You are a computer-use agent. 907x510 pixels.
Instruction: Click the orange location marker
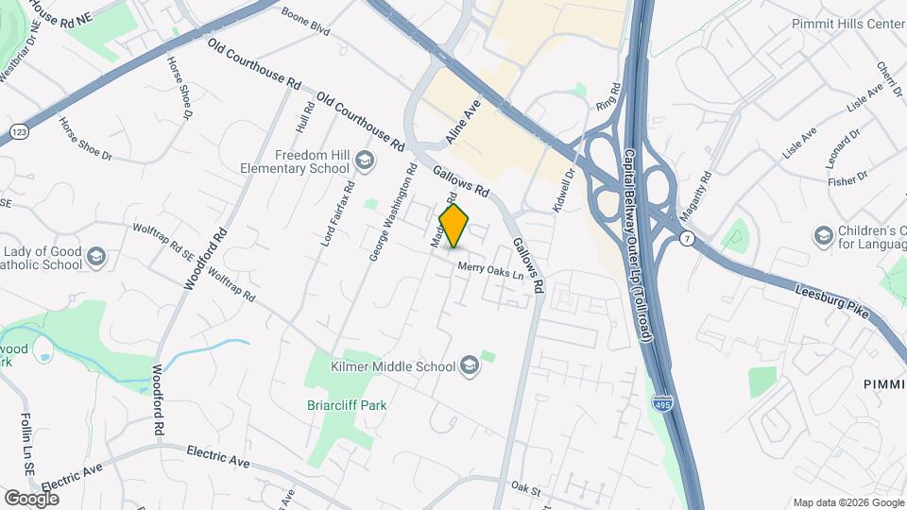point(454,226)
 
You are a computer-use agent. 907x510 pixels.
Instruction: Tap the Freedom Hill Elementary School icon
point(364,162)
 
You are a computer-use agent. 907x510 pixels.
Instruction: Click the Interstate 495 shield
point(664,404)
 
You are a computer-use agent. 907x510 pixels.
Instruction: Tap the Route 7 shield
point(688,239)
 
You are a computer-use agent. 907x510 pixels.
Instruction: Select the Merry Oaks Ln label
point(489,269)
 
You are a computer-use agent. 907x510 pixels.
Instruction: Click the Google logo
point(31,498)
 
